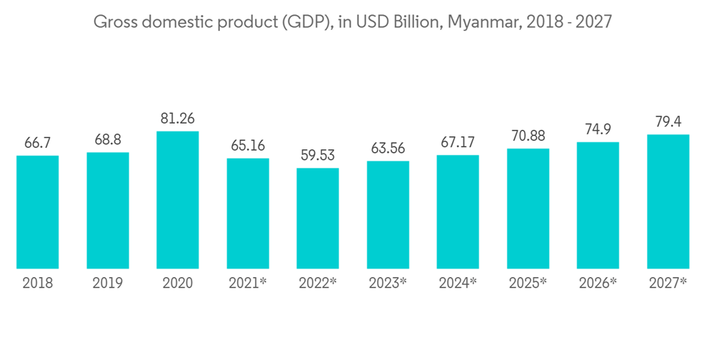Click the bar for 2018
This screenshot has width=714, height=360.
click(38, 212)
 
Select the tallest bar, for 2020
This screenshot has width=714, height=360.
click(178, 200)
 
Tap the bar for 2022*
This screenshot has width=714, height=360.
click(318, 219)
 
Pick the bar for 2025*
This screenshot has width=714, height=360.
click(528, 209)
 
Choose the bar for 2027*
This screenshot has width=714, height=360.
click(668, 201)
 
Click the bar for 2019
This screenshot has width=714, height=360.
click(108, 211)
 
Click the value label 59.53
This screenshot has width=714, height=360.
click(318, 156)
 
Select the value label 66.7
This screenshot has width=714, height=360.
click(38, 144)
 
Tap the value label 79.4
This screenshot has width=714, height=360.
click(668, 121)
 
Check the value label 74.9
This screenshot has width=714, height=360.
click(598, 129)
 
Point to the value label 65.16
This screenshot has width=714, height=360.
click(248, 146)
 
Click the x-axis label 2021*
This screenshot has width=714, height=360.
click(248, 284)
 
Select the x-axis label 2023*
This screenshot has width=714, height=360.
click(388, 284)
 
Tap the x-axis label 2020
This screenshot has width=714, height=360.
click(178, 284)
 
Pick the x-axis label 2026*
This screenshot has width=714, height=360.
click(598, 284)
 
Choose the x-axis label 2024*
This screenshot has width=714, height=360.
click(458, 284)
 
